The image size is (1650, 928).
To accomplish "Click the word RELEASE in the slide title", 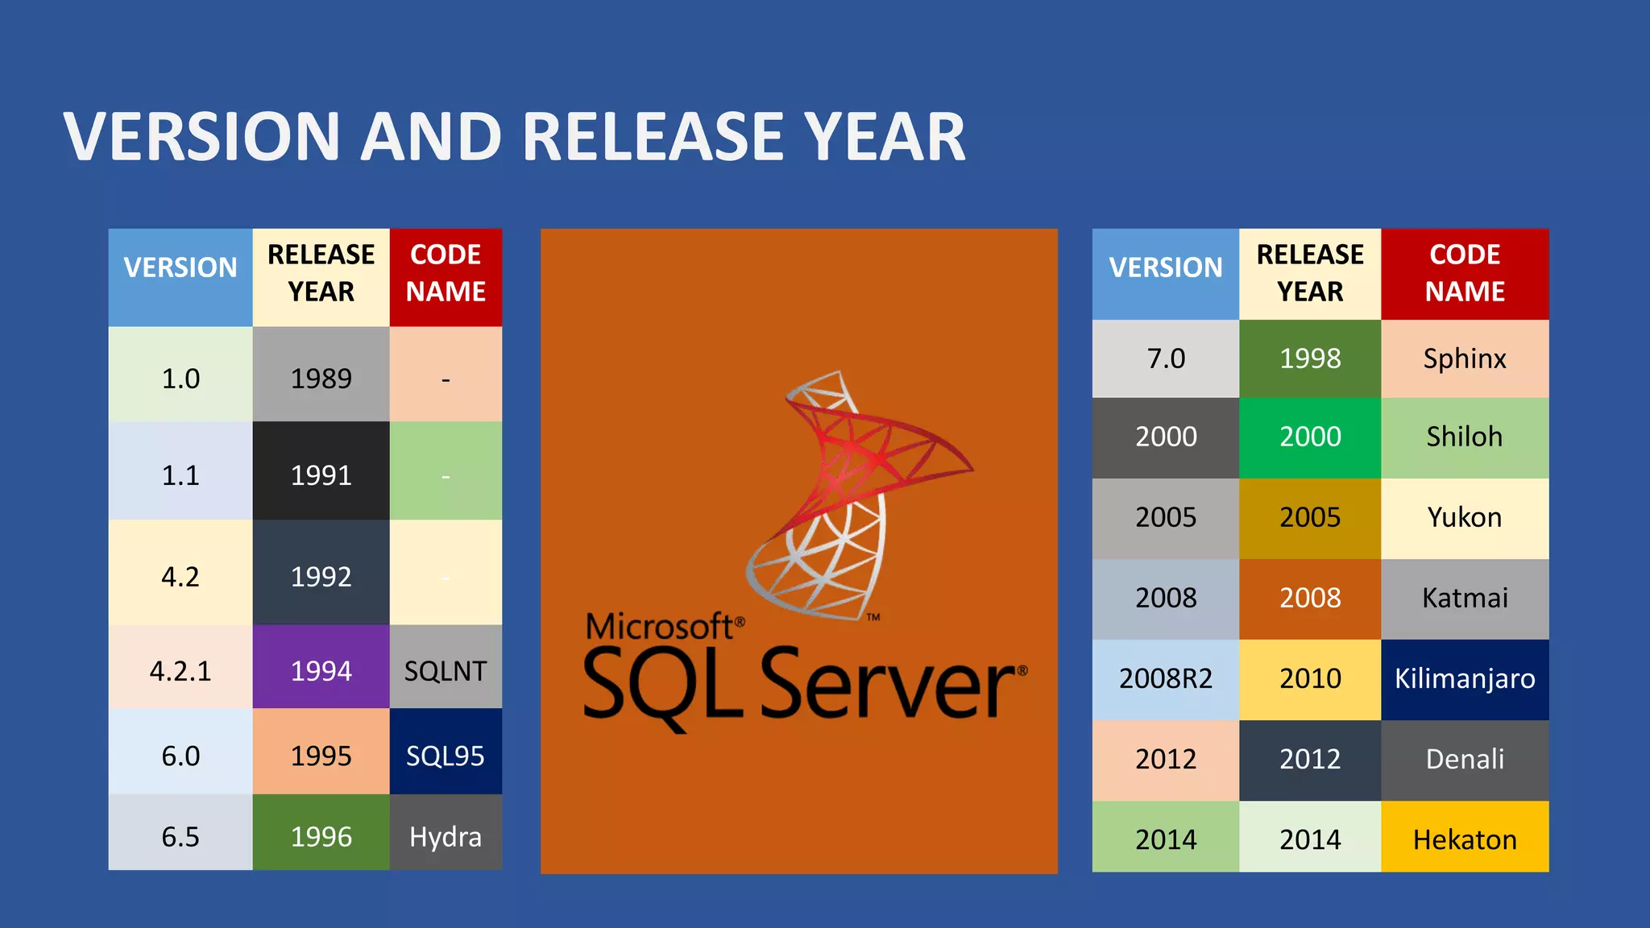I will (653, 137).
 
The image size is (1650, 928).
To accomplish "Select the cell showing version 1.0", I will (180, 378).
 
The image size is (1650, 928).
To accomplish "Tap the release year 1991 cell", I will (321, 474).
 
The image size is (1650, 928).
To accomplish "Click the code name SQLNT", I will (446, 670).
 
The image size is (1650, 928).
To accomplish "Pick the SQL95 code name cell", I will (446, 756).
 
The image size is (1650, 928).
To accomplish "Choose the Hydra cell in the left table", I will (446, 836).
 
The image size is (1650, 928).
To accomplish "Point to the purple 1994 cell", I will (321, 670).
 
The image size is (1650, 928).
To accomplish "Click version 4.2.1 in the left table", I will (180, 670).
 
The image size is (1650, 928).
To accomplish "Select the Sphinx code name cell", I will (1464, 358).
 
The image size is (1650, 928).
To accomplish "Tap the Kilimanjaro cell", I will (1464, 678).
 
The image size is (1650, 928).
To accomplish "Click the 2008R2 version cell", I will (1165, 678).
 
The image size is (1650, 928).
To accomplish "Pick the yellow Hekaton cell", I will (1464, 839).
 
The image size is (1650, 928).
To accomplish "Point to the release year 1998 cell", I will (1310, 358).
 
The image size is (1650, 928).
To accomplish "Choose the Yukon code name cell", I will (1464, 517).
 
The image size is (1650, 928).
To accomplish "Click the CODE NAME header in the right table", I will (1464, 273).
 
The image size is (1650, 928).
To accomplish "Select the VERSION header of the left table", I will (180, 267).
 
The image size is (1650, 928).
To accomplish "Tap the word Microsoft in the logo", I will (658, 626).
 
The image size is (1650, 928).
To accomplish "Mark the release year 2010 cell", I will (1310, 678).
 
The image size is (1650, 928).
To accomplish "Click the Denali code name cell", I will (1464, 759).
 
